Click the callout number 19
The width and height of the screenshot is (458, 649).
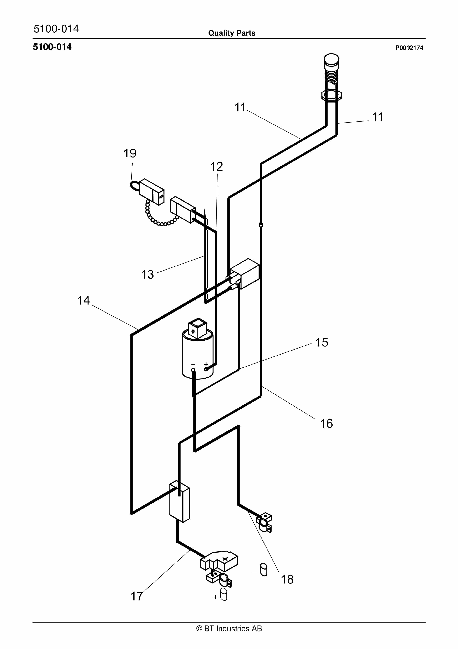coord(130,154)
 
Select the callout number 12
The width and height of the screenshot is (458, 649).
coord(216,167)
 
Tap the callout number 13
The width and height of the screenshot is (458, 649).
coord(147,274)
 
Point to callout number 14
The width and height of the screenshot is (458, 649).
coord(84,300)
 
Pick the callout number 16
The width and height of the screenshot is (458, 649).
coord(326,424)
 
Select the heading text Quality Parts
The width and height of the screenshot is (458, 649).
coord(232,33)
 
